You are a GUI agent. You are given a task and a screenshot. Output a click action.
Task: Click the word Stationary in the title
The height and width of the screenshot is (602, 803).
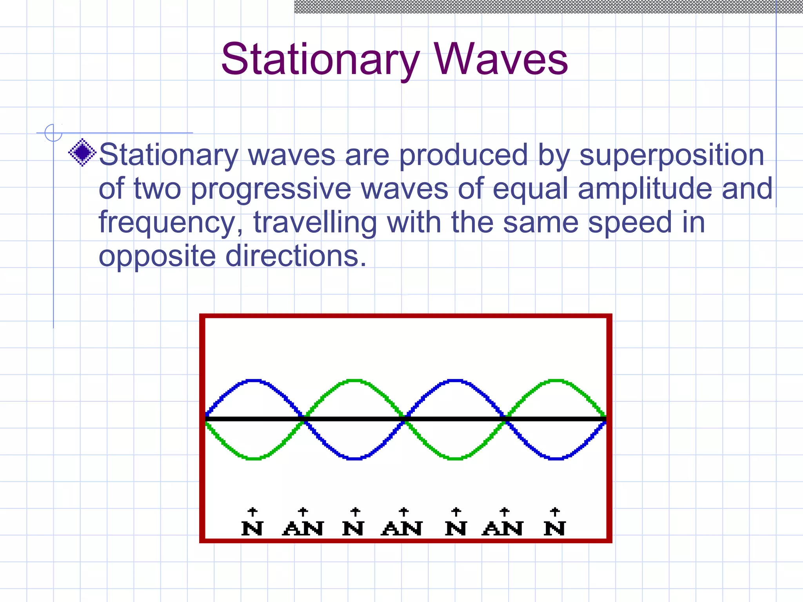coord(320,60)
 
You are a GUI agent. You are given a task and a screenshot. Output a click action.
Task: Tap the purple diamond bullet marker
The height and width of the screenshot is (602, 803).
coord(82,152)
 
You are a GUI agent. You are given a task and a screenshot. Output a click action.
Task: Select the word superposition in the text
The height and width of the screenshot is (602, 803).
coord(672,155)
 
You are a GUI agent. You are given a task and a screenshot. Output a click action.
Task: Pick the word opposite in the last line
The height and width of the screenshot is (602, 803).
coord(157,256)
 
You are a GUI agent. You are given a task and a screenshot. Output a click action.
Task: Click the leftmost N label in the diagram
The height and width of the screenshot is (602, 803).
coord(252,528)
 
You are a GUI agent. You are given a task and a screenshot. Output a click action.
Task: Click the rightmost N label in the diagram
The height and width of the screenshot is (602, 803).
coord(554,528)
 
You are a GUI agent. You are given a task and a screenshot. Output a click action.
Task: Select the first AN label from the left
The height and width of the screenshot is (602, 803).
coord(303,528)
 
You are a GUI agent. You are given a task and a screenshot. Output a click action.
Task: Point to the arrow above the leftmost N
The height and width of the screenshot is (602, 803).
coord(253,511)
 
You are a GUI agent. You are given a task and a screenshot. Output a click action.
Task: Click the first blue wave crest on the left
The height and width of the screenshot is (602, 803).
coord(254,380)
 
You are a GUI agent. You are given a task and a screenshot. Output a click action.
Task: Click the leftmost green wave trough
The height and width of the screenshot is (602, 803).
coord(254,458)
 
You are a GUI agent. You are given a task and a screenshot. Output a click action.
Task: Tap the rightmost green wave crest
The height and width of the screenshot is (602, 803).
coord(556,380)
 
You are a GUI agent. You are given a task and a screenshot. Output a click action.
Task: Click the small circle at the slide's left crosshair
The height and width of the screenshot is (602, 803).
coord(53,132)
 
